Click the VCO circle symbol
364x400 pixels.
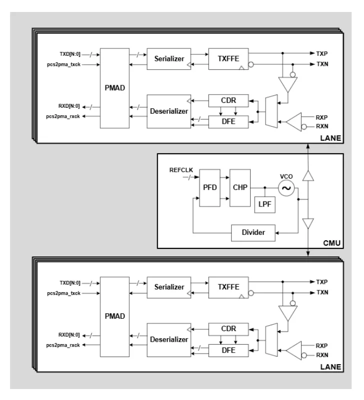(287, 188)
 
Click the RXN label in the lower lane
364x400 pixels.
(323, 355)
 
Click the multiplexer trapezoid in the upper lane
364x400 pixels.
(272, 111)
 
